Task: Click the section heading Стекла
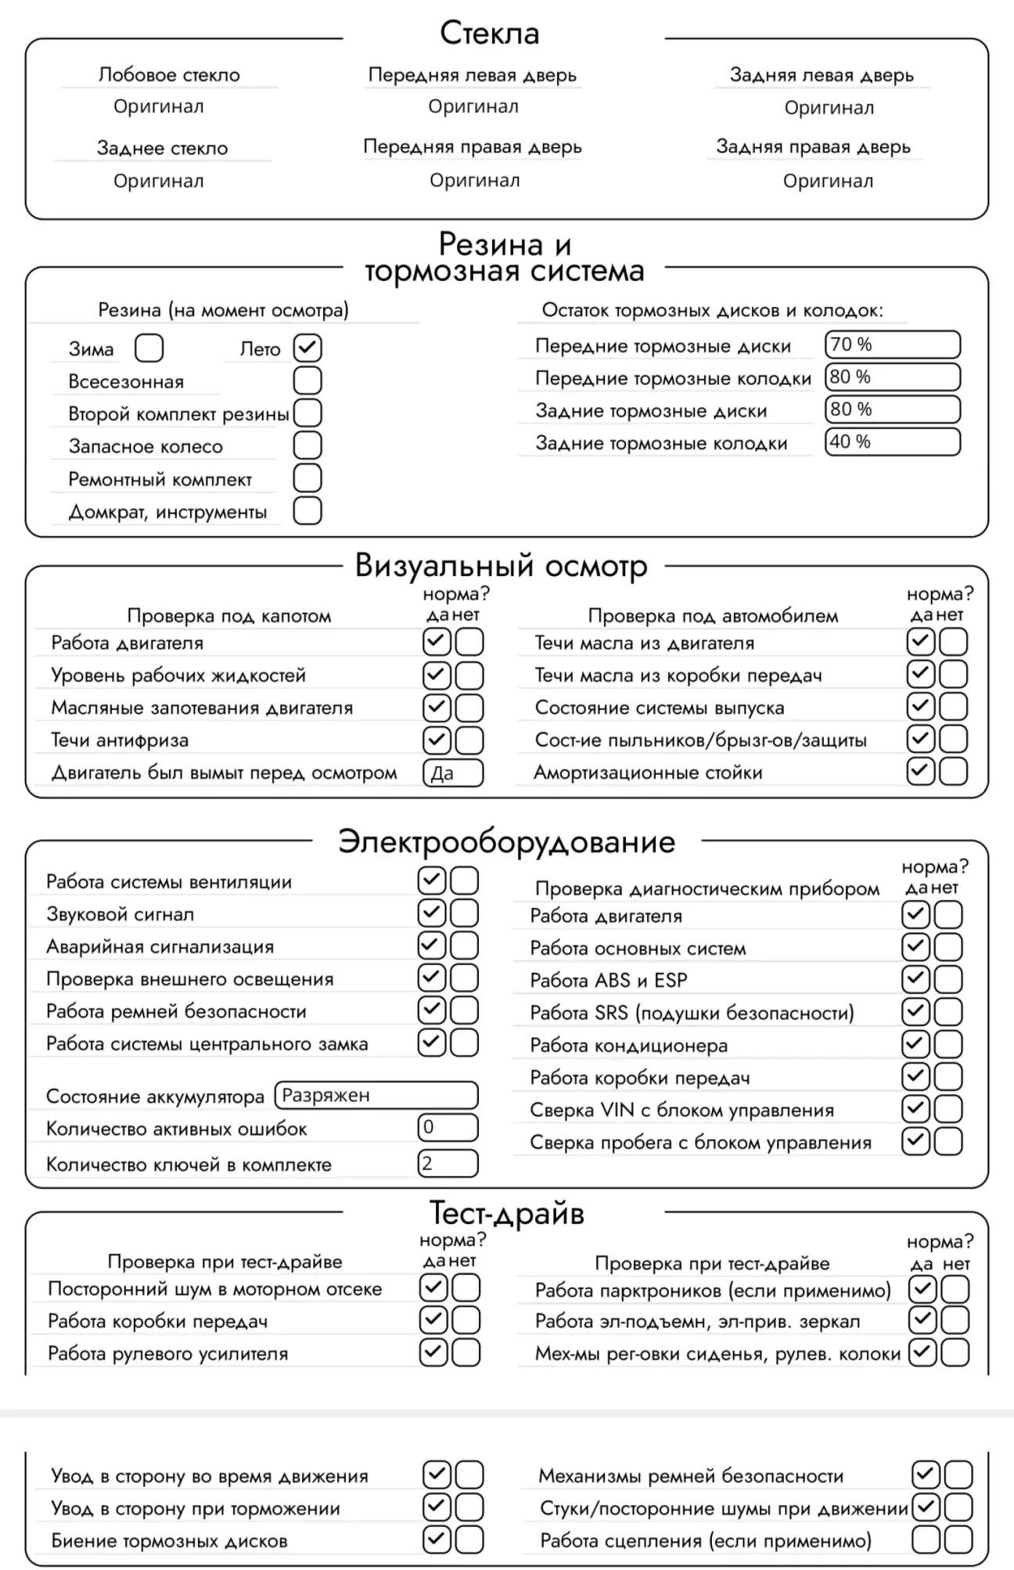[490, 33]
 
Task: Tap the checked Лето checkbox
[307, 348]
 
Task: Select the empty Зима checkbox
[149, 348]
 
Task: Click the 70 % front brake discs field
[892, 344]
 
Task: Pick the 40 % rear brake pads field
[892, 441]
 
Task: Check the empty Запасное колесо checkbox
[307, 445]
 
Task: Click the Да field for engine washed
[453, 773]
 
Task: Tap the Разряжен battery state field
[376, 1095]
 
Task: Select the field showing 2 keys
[448, 1163]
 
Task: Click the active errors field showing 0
[448, 1127]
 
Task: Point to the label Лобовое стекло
[169, 75]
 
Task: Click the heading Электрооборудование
[506, 842]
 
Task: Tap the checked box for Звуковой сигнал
[432, 913]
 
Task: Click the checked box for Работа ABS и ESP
[916, 979]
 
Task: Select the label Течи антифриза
[120, 740]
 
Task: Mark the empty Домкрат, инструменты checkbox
[307, 510]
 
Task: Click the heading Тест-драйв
[506, 1213]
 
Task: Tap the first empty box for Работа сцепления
[926, 1539]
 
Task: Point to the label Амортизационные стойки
[648, 773]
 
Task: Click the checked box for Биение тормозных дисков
[437, 1539]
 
